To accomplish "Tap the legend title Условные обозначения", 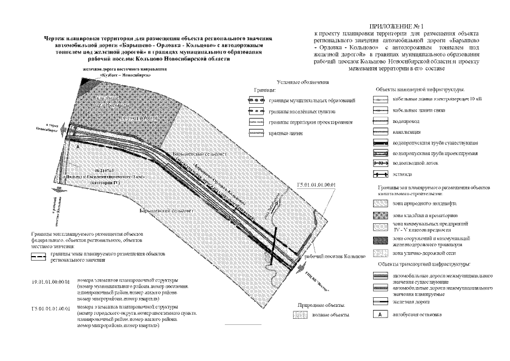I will coord(299,83).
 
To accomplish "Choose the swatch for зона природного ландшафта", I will coord(381,202).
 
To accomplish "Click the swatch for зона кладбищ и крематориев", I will coord(381,216).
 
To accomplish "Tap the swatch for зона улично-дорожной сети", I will coord(381,254).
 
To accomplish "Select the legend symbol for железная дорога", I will coord(381,302).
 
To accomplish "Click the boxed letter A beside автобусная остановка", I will coord(381,314).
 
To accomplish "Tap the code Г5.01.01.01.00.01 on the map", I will coord(316,184).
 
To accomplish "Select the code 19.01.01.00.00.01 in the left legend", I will coord(50,280).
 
